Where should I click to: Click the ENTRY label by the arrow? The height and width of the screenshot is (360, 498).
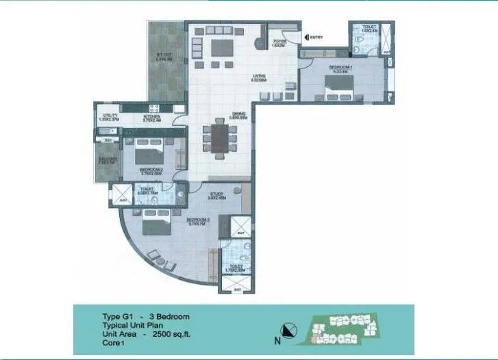pos(316,37)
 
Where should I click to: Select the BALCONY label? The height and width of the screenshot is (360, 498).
pos(106,159)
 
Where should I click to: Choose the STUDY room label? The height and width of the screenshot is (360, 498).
pos(218,194)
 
